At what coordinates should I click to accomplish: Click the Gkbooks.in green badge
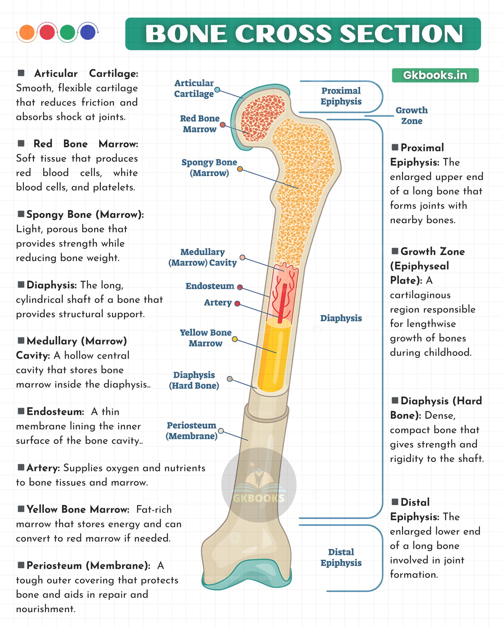435,75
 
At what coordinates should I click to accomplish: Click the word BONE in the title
187,34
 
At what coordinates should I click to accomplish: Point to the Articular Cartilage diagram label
194,88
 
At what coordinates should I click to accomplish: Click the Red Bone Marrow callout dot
223,125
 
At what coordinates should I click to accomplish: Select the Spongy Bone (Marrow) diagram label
209,168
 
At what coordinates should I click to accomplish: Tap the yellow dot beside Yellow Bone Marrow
235,339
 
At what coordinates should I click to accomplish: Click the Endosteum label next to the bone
210,286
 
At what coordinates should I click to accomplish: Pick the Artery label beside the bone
218,302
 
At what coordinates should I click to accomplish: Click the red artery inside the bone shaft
282,303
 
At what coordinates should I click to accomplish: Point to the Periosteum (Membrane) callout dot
221,431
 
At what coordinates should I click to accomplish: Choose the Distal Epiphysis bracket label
341,558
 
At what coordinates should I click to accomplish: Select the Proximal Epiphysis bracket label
341,96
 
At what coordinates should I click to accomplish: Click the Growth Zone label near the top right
412,115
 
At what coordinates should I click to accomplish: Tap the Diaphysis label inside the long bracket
341,318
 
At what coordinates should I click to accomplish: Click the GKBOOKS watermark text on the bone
259,498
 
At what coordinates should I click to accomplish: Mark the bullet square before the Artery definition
21,467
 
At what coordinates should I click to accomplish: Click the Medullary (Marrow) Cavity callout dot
242,257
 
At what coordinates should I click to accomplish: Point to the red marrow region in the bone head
263,118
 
